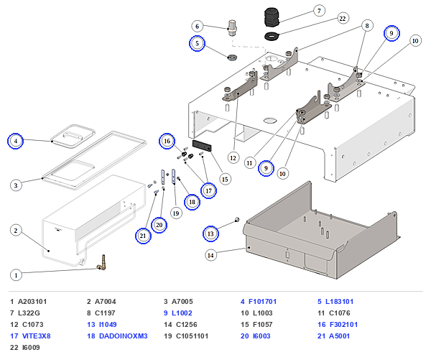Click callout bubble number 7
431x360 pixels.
[x=319, y=11]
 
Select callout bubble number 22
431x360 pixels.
[x=342, y=19]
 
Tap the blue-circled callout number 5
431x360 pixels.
[x=197, y=43]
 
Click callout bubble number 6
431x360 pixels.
[x=197, y=27]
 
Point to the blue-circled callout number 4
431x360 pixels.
[x=15, y=141]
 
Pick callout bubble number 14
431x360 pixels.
[x=210, y=256]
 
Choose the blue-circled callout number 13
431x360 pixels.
[x=210, y=234]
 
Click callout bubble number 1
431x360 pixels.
[x=16, y=275]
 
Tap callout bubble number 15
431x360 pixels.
[x=225, y=180]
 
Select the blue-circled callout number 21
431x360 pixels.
[x=143, y=236]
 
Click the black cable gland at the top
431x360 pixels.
[x=272, y=17]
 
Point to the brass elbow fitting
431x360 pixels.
[x=102, y=262]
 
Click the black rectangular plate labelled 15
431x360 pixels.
[x=202, y=146]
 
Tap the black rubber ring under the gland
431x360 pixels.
[x=272, y=36]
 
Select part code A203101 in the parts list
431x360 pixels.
[x=32, y=302]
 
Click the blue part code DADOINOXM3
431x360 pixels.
[x=123, y=336]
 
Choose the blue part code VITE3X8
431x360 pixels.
[x=37, y=336]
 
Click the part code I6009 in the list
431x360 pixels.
[x=31, y=348]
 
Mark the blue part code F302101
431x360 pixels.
[x=343, y=325]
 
